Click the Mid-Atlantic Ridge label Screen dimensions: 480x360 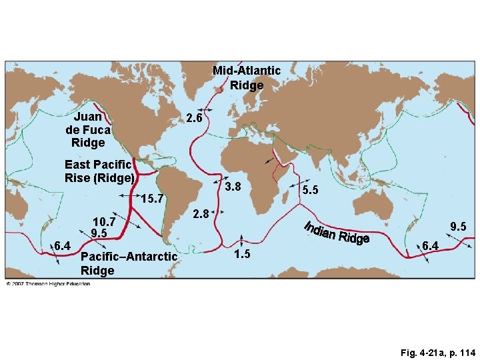point(246,77)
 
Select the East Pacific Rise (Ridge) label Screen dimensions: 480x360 point(99,171)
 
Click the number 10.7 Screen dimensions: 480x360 point(105,221)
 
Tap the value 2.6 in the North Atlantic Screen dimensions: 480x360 point(194,118)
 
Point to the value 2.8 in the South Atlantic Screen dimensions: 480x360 point(201,215)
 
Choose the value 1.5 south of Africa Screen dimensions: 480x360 point(242,254)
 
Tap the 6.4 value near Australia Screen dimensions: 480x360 point(431,247)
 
